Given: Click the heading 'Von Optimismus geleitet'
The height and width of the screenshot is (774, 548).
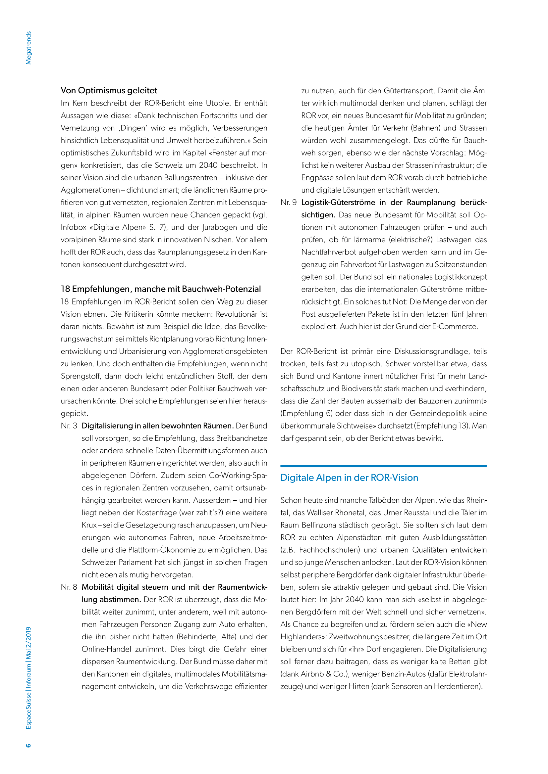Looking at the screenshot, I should tap(109, 90).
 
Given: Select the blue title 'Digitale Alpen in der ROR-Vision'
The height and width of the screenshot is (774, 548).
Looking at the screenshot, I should tap(349, 478).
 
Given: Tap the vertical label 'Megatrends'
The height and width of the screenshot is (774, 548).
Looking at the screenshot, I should tap(29, 48).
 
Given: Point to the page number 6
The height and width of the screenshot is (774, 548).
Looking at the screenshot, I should tap(28, 745).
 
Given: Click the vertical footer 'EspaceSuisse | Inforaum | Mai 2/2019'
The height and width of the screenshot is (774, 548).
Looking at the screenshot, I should tap(29, 678).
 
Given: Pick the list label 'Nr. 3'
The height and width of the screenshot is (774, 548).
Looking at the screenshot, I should tap(69, 426).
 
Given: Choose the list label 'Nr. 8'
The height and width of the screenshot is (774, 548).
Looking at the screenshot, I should tap(69, 587).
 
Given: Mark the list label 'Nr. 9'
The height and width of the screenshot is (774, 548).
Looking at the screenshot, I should tap(289, 202).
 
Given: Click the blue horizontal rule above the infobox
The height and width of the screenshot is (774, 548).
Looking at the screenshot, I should tap(383, 466).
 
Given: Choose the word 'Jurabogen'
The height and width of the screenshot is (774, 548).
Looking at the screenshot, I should tap(219, 227).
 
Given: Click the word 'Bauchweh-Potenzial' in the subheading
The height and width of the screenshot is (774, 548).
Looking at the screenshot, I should tap(221, 289).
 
